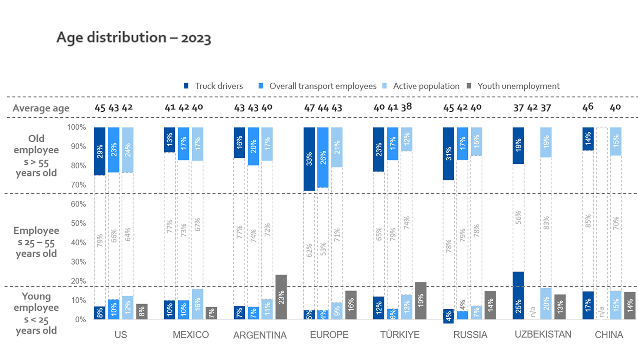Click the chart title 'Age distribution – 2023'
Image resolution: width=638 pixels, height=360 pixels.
pos(133,38)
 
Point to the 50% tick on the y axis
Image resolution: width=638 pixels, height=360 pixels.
pos(78,223)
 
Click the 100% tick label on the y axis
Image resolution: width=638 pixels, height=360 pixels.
pos(76,127)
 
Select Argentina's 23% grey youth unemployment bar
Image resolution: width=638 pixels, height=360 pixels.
pos(281,297)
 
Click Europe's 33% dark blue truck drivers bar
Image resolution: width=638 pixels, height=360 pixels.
pos(309,159)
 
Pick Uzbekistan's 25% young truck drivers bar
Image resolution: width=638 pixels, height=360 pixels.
pos(518,295)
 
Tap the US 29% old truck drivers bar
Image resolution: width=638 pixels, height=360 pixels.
pos(100,151)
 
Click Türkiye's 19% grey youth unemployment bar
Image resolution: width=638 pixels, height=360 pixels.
pos(420,301)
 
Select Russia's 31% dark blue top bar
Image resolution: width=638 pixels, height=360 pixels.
pos(448,153)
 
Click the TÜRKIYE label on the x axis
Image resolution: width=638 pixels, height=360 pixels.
pos(400,335)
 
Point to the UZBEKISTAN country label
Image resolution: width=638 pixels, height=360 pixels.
pos(543,334)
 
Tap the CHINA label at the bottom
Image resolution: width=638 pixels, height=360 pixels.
pos(609,335)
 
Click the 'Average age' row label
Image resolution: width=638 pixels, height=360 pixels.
pos(41,108)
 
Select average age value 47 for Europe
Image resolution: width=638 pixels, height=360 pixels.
pos(309,108)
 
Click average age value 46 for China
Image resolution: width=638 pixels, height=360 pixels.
pos(588,107)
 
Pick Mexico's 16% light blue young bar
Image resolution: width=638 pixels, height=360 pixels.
pos(198,304)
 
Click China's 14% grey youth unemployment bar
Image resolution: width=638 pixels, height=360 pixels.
pos(630,306)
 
